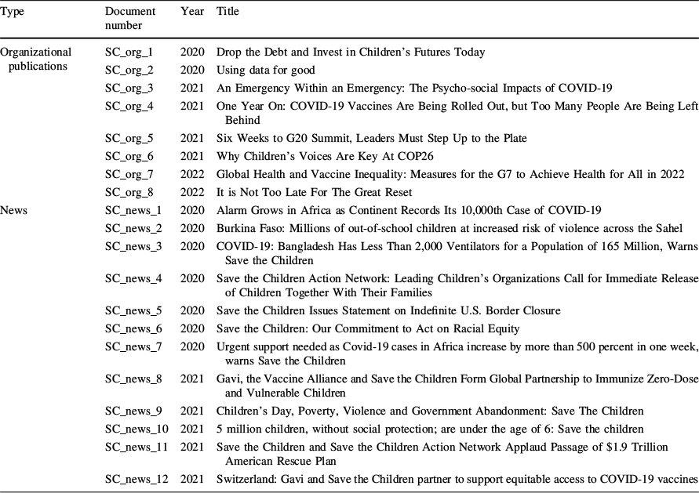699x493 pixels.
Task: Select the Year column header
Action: tap(192, 12)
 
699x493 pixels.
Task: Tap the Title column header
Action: tap(228, 12)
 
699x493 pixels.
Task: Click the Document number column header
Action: tap(129, 18)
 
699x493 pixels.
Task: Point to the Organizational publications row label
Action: tap(36, 59)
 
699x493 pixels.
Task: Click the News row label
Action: tap(14, 209)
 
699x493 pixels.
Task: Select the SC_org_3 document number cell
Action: tap(129, 88)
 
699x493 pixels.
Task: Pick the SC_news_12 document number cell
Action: tap(135, 478)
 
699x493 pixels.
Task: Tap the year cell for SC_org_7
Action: tap(192, 173)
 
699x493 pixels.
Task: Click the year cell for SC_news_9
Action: tap(192, 411)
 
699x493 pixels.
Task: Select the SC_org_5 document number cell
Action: tap(129, 139)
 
